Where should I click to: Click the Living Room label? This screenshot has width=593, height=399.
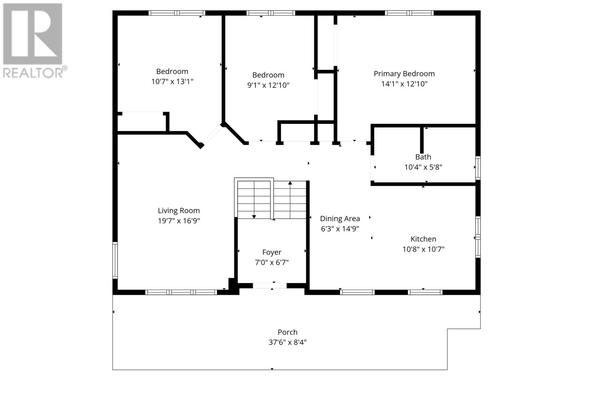pos(179,211)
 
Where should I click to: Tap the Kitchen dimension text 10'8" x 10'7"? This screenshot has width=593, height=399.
pos(423,249)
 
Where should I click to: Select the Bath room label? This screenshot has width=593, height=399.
pos(423,157)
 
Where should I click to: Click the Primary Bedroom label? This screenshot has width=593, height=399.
pos(404,74)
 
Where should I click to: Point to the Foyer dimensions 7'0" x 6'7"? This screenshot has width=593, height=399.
pos(272,263)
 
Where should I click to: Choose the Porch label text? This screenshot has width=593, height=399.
pos(288,332)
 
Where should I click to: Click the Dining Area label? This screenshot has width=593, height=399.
pos(340,219)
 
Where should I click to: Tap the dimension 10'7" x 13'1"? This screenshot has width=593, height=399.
pos(172,82)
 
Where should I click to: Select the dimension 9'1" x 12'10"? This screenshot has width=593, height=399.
pos(268,85)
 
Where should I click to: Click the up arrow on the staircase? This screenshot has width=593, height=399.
pos(290,183)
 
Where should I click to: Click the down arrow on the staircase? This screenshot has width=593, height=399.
pos(254,216)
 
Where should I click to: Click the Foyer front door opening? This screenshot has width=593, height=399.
pos(270,286)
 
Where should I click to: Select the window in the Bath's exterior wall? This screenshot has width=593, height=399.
pos(478,168)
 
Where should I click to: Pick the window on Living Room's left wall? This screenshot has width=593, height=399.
pos(115,260)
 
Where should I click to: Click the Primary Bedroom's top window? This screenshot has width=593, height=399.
pos(409,13)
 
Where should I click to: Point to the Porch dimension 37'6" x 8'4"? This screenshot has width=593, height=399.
pos(288,342)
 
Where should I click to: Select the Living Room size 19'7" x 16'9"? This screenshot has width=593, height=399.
pos(179,221)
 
